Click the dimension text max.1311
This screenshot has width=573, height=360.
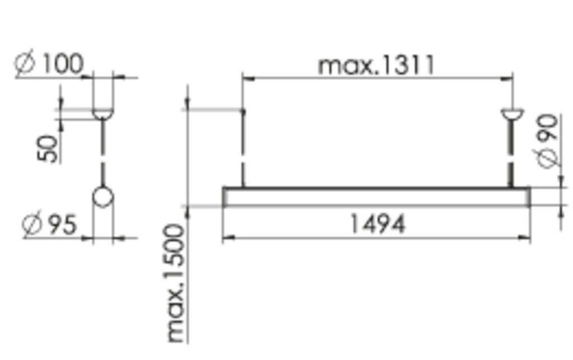click(376, 66)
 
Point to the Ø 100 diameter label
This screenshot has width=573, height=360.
click(49, 64)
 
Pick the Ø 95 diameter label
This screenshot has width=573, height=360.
click(49, 225)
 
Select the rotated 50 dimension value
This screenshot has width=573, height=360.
click(49, 148)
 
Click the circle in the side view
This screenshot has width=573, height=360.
click(102, 197)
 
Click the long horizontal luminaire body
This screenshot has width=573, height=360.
click(376, 197)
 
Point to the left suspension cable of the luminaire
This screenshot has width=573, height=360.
click(243, 148)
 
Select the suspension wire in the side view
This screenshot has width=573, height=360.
click(102, 151)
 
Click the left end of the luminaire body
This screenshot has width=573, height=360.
click(225, 197)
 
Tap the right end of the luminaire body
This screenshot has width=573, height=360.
click(528, 197)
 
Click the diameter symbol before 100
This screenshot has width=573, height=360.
click(26, 64)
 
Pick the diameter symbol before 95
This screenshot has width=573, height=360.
click(32, 225)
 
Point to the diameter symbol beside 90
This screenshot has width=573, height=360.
click(549, 158)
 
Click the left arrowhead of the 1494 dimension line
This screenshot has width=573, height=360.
click(226, 239)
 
